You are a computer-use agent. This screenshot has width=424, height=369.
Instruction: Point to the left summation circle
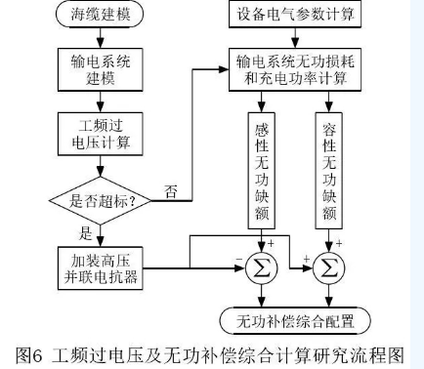pyautogui.click(x=261, y=264)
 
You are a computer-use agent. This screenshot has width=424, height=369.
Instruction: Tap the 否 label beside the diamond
pyautogui.click(x=172, y=191)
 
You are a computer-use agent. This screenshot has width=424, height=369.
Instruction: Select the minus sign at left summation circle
pyautogui.click(x=237, y=257)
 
